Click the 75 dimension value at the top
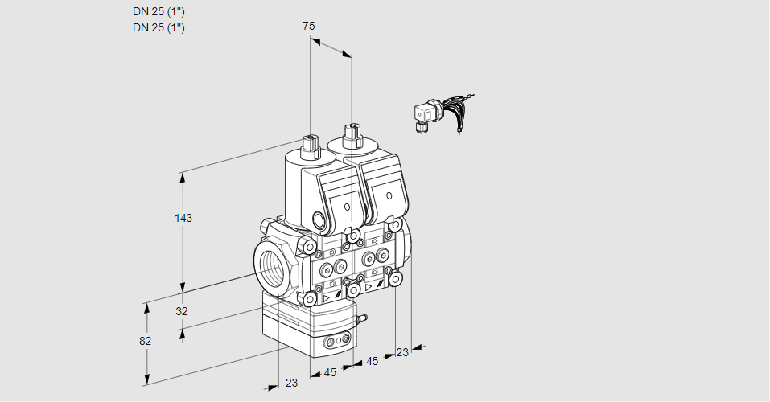coord(309,27)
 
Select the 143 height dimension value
coord(184,218)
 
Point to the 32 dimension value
coord(182,311)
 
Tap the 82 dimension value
coord(146,341)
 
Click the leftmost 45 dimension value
coord(330,372)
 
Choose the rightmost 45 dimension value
coord(372,362)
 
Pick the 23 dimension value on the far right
coord(402,351)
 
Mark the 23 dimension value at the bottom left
coord(291,383)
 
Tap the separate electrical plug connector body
coord(422,116)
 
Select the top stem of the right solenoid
coord(351,133)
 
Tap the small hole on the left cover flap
coord(347,207)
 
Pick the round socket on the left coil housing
coord(320,220)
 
